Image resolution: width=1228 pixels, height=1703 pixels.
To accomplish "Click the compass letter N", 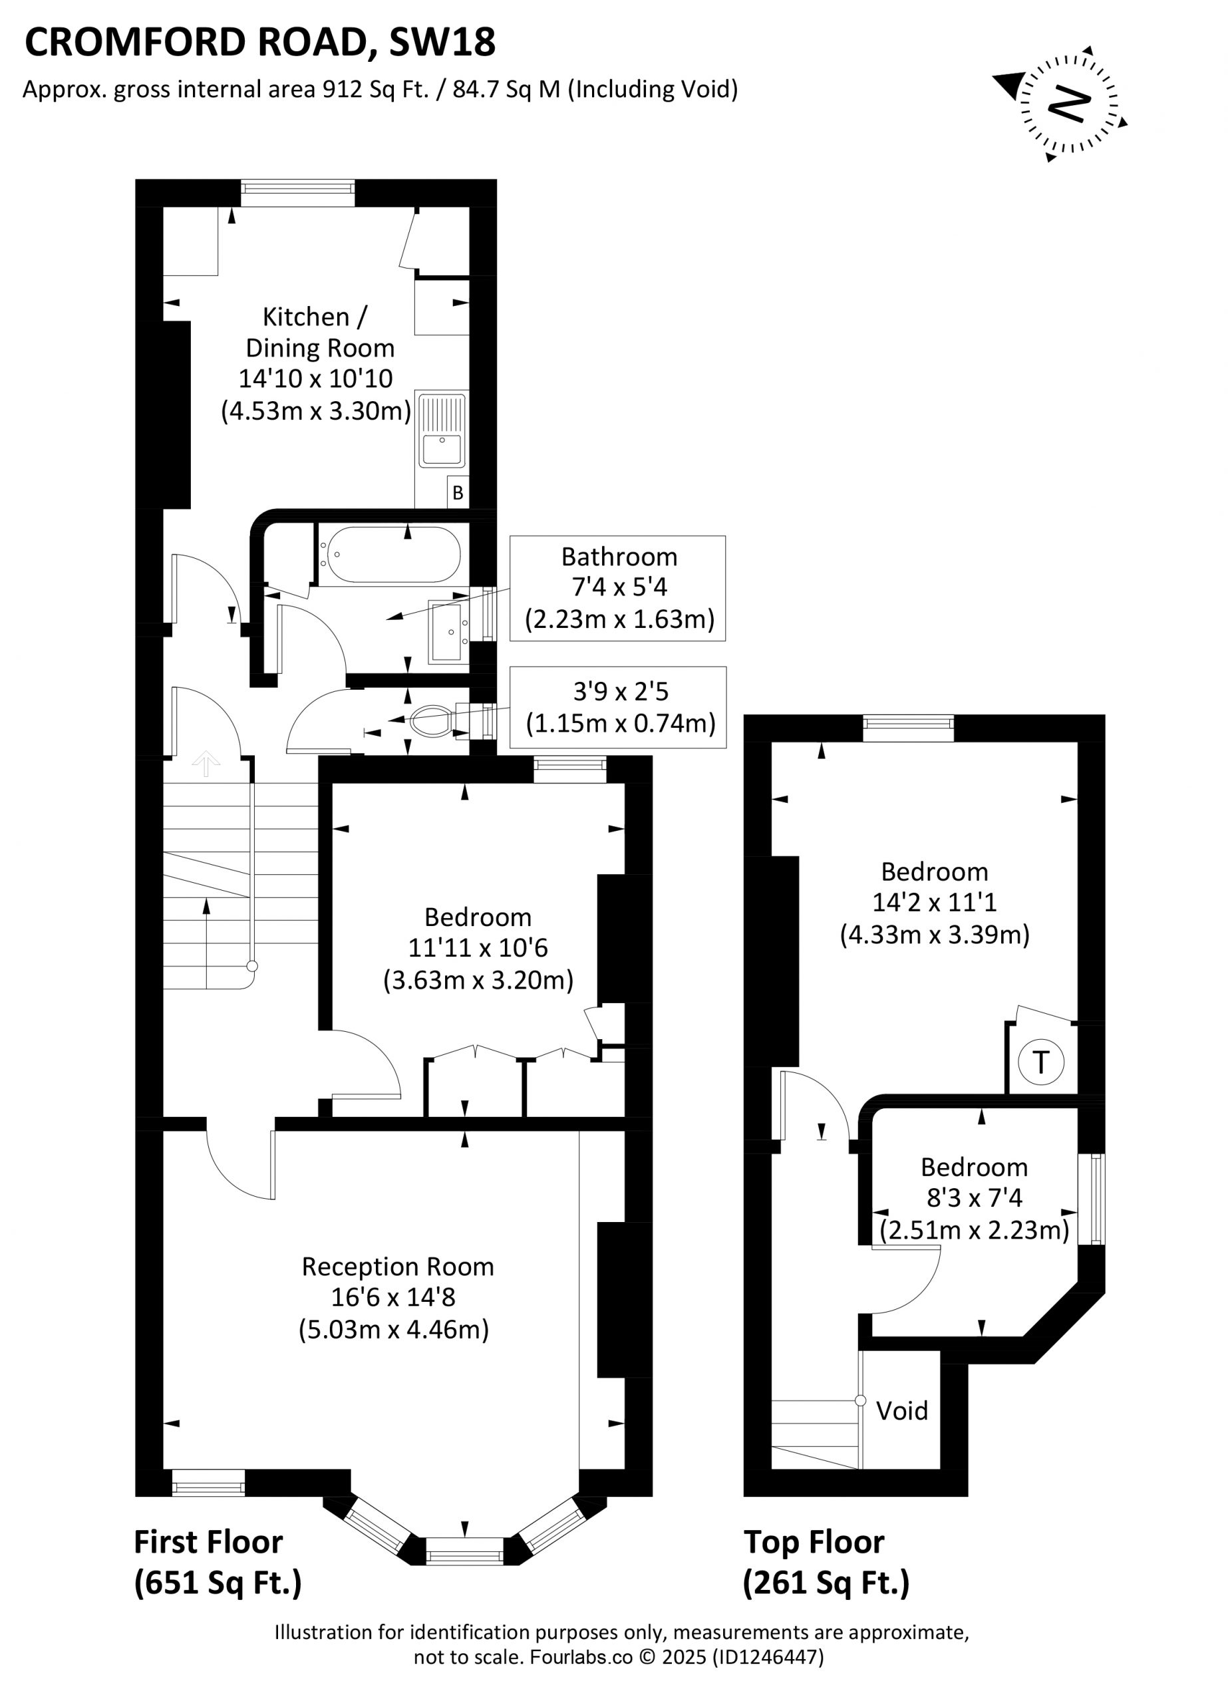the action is (x=1069, y=104).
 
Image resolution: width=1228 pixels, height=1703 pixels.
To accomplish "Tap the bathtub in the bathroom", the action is (x=390, y=554).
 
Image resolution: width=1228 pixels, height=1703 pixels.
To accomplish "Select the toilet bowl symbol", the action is (x=430, y=722).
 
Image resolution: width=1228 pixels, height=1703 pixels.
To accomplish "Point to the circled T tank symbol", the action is (x=1041, y=1062).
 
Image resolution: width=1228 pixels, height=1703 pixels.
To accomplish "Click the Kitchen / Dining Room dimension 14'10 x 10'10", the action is (x=315, y=379).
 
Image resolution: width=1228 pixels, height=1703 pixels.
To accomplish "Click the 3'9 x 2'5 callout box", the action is (x=618, y=707).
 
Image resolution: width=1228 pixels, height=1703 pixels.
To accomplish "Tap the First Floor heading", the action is (x=208, y=1542).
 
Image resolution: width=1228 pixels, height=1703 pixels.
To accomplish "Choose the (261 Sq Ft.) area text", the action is (x=826, y=1583).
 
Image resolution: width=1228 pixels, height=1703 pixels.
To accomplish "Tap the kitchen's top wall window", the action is (x=297, y=193).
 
